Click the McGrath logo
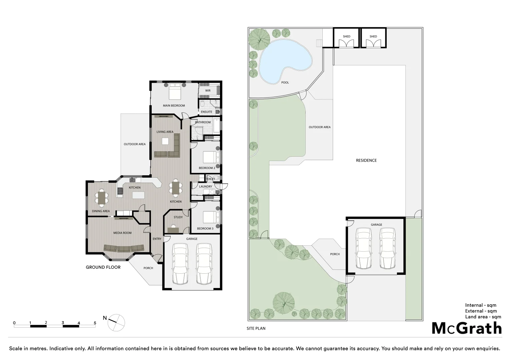tap(467, 328)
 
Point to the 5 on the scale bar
tap(95, 323)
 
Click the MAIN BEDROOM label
tap(174, 106)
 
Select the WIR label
tap(208, 91)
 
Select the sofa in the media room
tap(124, 248)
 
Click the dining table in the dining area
tap(102, 197)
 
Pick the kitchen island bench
tap(139, 195)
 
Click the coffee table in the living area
tap(165, 141)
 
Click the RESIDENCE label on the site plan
tap(366, 160)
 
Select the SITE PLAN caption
tap(256, 328)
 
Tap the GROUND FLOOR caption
tap(103, 267)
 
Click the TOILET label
tap(210, 179)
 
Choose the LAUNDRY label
tap(205, 187)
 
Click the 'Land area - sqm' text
tap(483, 317)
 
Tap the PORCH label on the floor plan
tap(148, 268)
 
